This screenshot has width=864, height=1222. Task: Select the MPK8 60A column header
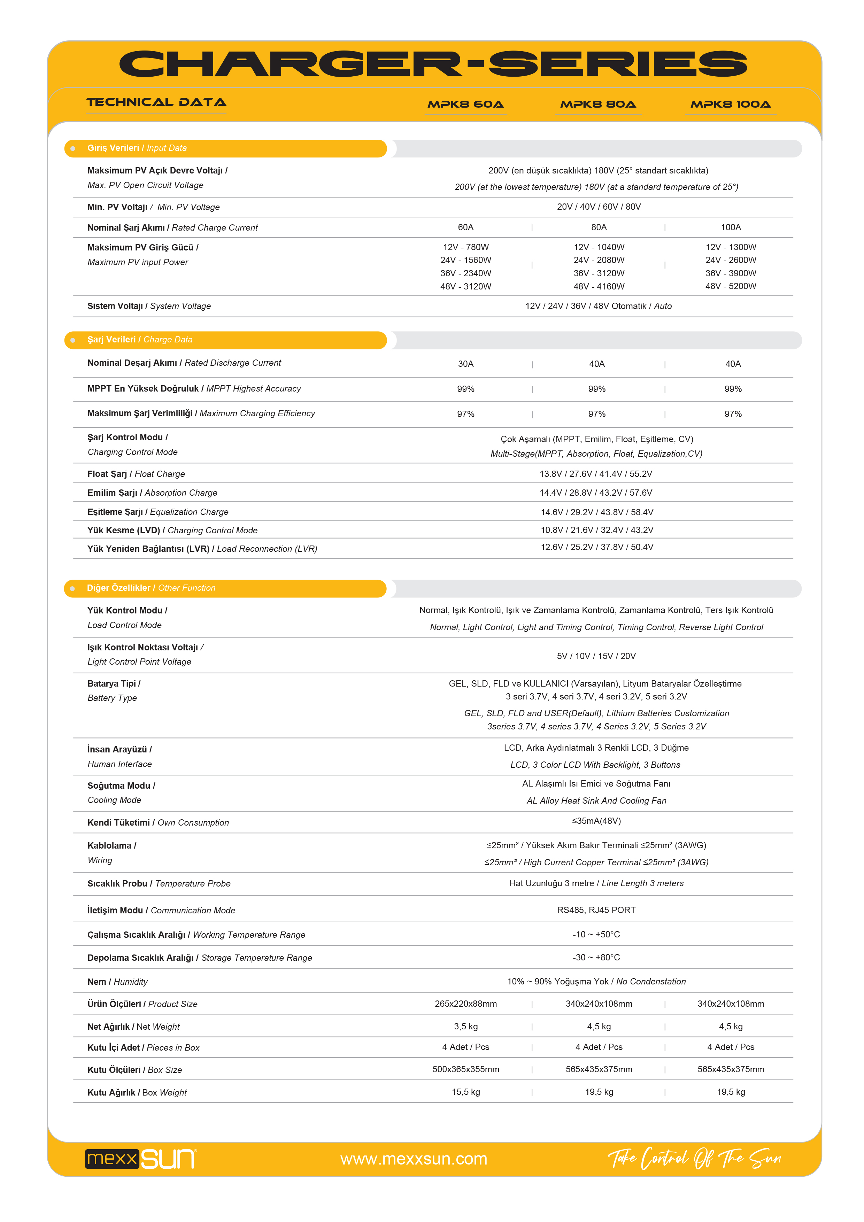[465, 104]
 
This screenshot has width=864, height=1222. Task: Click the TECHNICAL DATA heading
[156, 102]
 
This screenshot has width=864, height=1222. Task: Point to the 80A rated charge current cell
[599, 227]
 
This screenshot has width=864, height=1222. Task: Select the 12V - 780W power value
[465, 247]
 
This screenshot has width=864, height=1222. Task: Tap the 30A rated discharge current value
[465, 364]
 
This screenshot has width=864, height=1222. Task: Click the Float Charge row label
[136, 474]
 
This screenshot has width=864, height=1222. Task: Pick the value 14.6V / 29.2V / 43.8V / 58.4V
[597, 512]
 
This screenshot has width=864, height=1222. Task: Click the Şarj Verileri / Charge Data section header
[140, 340]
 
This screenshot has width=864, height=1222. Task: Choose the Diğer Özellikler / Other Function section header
[151, 588]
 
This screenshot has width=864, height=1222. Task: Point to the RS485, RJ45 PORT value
[596, 910]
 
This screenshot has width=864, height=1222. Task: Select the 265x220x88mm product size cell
[465, 1004]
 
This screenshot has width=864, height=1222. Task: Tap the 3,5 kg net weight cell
[465, 1027]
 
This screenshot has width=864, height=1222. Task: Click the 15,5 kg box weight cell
[465, 1092]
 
